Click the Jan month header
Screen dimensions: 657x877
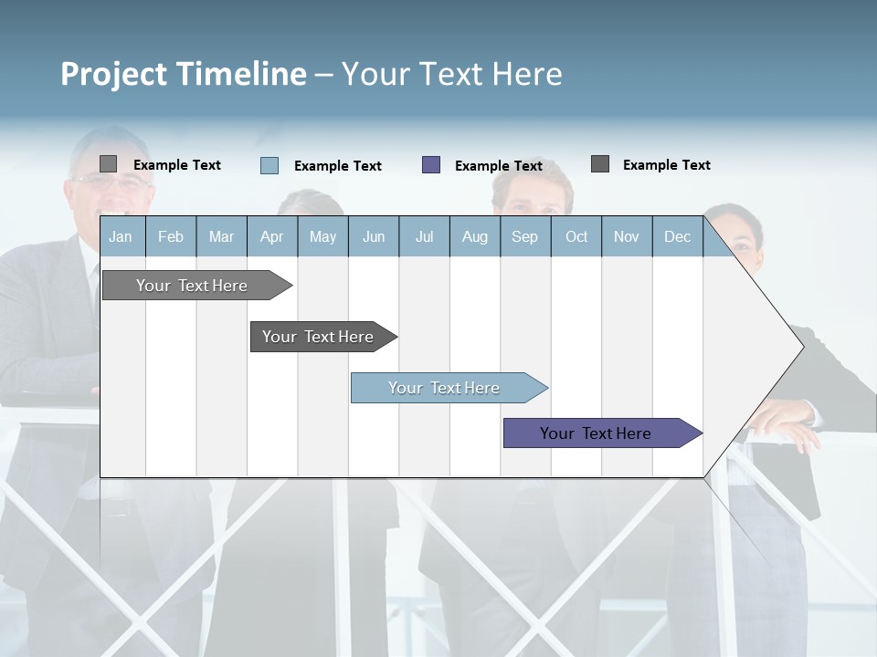click(x=122, y=236)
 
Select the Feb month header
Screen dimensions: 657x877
click(x=171, y=236)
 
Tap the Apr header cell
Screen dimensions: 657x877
click(x=272, y=236)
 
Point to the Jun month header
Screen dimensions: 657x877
click(x=374, y=236)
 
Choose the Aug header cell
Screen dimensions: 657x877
click(x=475, y=236)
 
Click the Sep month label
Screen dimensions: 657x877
click(x=525, y=236)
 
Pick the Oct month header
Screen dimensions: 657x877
click(x=576, y=236)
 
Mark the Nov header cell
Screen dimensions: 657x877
click(x=627, y=236)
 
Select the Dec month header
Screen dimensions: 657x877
click(x=678, y=236)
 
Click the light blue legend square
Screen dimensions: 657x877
click(x=269, y=165)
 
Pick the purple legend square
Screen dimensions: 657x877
click(x=431, y=164)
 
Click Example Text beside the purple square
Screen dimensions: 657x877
click(x=499, y=166)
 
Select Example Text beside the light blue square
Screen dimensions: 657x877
click(x=338, y=166)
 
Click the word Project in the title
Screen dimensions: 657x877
click(x=115, y=74)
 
